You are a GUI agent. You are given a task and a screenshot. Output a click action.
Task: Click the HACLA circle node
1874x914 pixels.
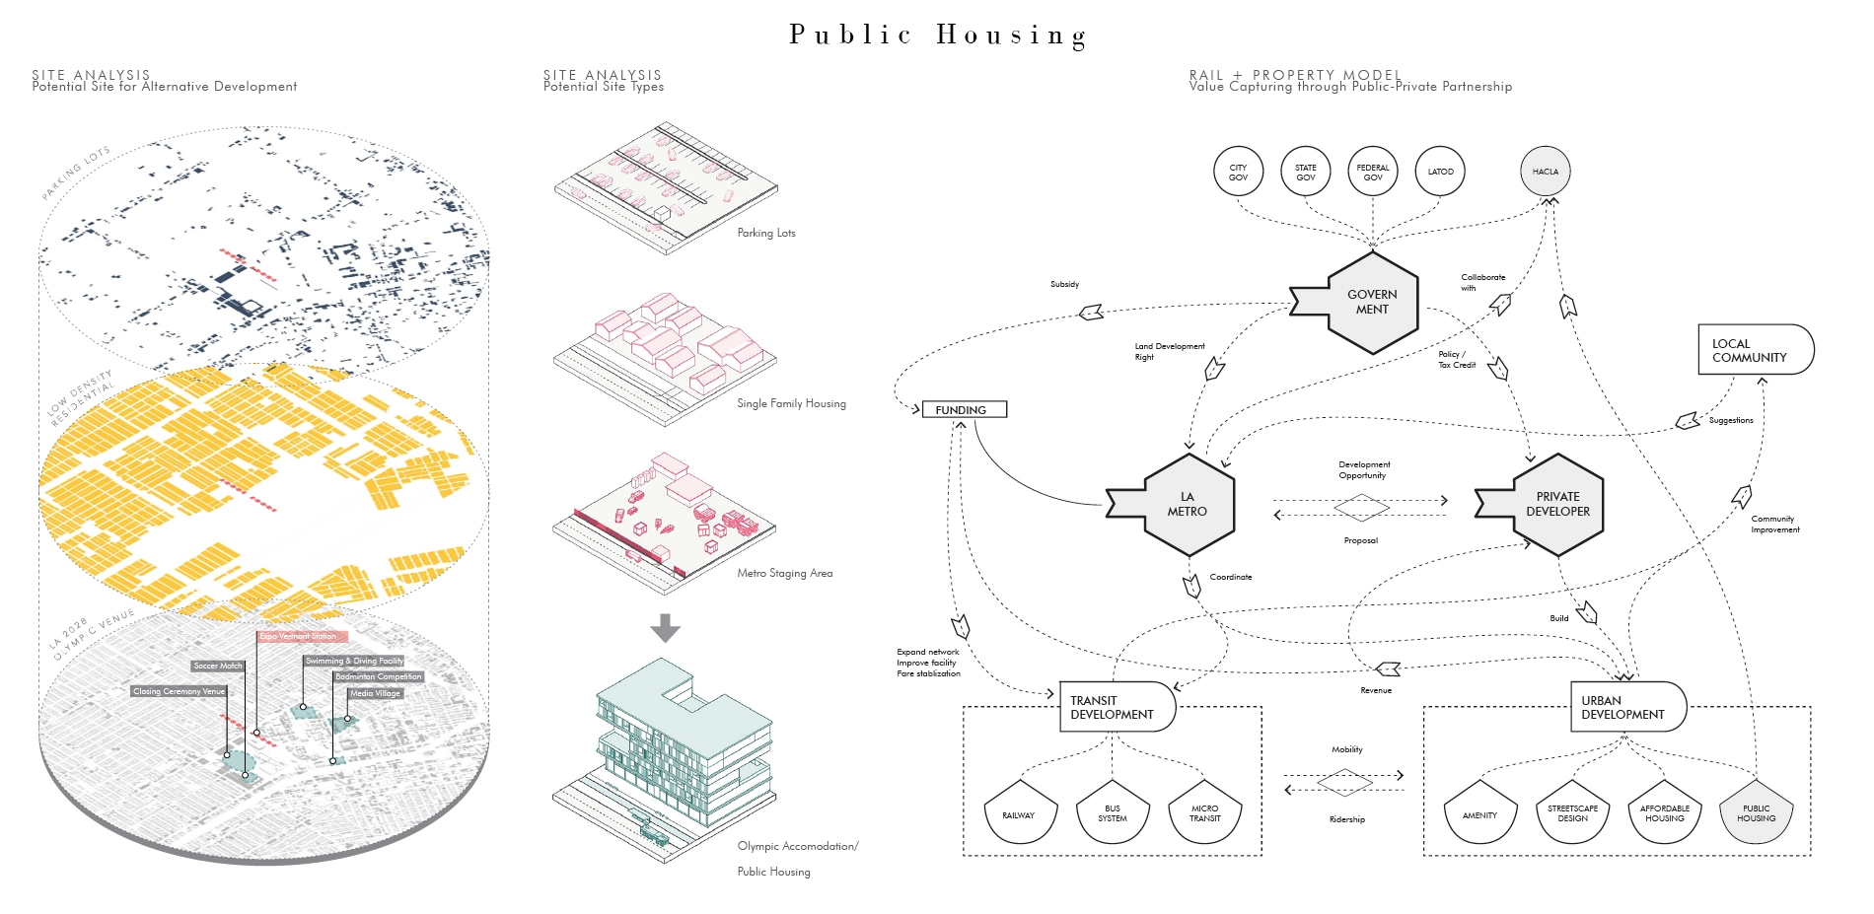coord(1545,172)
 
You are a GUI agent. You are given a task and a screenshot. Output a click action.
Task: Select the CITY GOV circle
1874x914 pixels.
coord(1238,172)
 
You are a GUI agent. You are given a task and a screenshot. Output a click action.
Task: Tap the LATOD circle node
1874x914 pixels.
coord(1440,172)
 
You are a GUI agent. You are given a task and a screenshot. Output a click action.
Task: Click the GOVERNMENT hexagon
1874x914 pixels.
coord(1371,302)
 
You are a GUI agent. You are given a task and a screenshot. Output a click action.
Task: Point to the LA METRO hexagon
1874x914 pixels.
coord(1188,504)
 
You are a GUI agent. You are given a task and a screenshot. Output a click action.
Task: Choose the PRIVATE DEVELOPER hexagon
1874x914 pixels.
coord(1557,504)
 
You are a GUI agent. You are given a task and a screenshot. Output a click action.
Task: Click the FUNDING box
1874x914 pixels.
coord(964,409)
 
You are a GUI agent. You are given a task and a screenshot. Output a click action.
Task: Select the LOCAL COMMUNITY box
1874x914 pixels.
coord(1755,350)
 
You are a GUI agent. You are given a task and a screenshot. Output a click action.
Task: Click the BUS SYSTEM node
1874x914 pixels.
coord(1112,813)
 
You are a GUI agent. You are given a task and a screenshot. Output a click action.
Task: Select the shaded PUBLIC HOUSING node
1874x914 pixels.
coord(1756,813)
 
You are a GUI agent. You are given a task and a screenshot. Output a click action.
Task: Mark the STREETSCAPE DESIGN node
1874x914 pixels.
coord(1572,813)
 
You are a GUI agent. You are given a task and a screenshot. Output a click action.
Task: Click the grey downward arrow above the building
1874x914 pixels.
coord(666,628)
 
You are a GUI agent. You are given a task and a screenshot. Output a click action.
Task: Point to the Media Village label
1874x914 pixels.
coord(375,693)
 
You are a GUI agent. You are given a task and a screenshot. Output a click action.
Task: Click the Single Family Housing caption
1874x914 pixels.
coord(791,403)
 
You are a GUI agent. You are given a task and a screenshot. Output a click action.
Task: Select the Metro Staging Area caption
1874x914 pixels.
coord(784,573)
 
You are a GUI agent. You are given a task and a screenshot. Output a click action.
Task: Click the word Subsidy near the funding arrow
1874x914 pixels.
coord(1064,284)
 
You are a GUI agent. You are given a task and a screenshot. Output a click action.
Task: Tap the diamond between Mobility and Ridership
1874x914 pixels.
coord(1344,783)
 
